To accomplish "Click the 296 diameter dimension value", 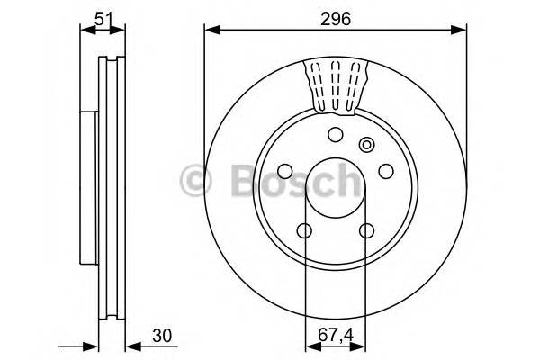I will point(337,17).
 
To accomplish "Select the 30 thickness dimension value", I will point(162,336).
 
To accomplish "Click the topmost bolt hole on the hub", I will point(336,135).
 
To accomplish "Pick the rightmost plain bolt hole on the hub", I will point(386,171).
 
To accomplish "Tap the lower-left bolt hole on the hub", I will point(305,231).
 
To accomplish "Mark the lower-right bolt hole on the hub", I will point(366,231).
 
